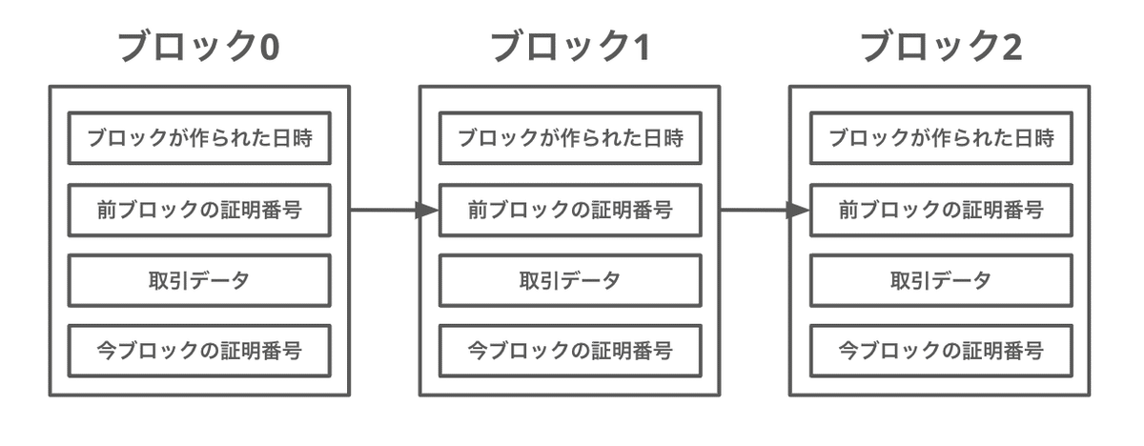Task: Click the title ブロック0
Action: point(198,47)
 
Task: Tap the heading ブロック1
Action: point(569,47)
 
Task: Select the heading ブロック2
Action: point(940,47)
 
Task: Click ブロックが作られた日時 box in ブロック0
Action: point(199,138)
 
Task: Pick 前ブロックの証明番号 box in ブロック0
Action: point(199,210)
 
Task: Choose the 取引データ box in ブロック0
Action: point(199,280)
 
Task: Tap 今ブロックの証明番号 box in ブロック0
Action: point(199,351)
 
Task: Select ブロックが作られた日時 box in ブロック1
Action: point(570,138)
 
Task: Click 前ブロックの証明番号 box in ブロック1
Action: point(570,210)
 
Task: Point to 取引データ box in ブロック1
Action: point(570,280)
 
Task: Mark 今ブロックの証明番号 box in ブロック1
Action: point(570,351)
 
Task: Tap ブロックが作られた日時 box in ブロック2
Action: point(941,138)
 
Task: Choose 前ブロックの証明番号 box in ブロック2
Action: point(941,210)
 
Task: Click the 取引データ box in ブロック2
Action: point(941,280)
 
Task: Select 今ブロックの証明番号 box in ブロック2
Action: point(941,351)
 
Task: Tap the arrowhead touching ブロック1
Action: point(427,210)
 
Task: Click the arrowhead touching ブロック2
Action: point(798,210)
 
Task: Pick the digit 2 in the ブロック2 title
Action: point(1011,47)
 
